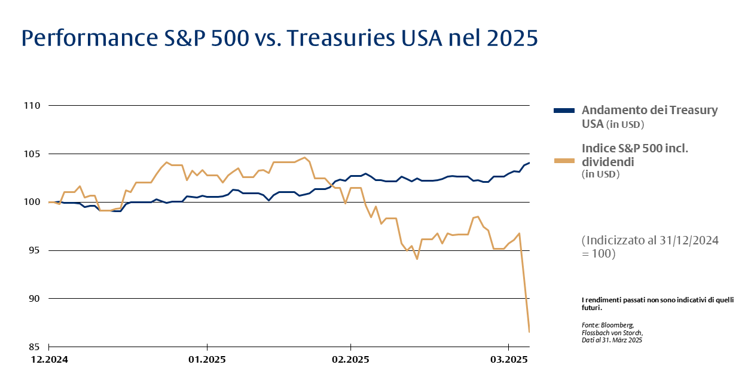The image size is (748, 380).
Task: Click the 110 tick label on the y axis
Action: coord(31,106)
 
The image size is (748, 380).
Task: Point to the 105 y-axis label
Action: coord(31,154)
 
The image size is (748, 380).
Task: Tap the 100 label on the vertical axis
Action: coord(31,203)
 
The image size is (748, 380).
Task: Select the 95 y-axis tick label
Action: coord(33,250)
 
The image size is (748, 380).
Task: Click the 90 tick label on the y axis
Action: coord(33,299)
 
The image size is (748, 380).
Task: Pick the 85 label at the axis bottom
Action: coord(33,347)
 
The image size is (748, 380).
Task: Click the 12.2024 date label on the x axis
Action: coord(49,360)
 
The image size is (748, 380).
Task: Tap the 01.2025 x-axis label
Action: coord(207,360)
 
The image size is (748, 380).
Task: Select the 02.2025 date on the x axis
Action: coord(350,360)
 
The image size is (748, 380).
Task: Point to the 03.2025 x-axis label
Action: coord(508,360)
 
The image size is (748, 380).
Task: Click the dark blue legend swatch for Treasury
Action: coord(564,111)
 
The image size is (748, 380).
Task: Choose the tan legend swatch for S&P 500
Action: coord(564,161)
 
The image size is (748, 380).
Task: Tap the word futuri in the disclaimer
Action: coord(591,308)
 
